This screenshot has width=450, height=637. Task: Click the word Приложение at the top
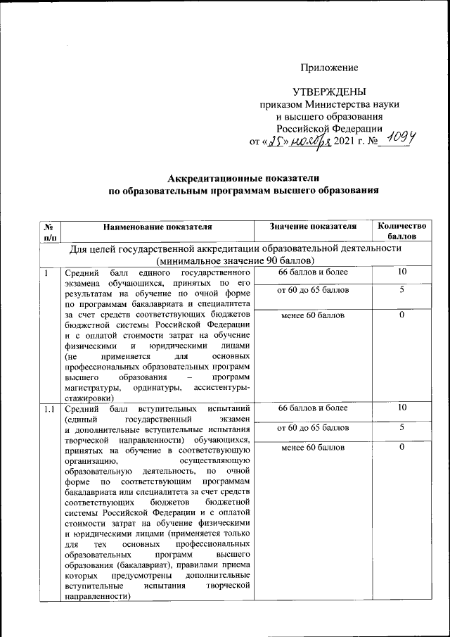tap(329, 68)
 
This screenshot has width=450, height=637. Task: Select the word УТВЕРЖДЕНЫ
tap(329, 92)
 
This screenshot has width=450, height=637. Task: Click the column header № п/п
tap(50, 232)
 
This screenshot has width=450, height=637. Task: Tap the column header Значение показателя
tap(312, 226)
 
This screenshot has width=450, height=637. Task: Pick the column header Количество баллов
tap(401, 232)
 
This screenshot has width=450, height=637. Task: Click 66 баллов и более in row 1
tap(312, 272)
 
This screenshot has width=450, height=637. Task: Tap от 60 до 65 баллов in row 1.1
tap(312, 427)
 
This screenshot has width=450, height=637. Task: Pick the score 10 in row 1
tap(401, 272)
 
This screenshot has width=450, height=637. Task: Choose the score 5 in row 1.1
tap(401, 427)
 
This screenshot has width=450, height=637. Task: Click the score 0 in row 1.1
tap(401, 447)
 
